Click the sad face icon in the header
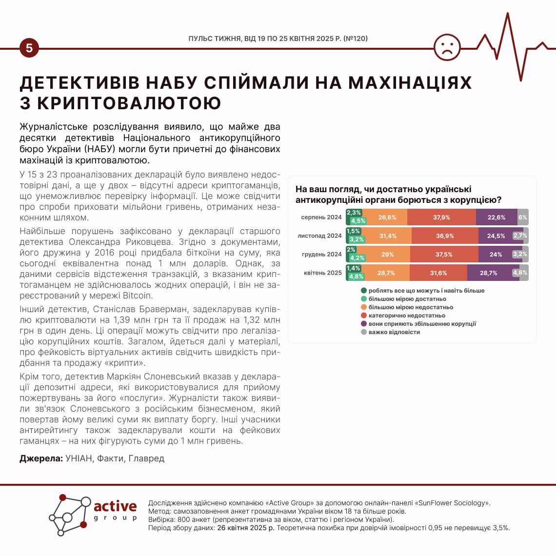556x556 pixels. click(447, 47)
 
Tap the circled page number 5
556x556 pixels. click(29, 48)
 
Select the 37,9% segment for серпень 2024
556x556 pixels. click(441, 218)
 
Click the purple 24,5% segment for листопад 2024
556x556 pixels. click(496, 236)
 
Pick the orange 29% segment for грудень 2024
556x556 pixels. click(387, 255)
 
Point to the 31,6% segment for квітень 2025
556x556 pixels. click(438, 273)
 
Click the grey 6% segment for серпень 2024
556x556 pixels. click(523, 218)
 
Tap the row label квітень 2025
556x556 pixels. click(322, 273)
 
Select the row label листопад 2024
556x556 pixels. click(319, 236)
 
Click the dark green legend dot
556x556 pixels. click(364, 291)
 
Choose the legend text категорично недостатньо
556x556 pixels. click(407, 316)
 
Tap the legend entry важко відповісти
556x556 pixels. click(394, 332)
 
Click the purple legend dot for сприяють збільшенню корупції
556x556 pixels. click(364, 324)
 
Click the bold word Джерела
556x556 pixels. click(41, 458)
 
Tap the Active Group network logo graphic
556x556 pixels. click(70, 515)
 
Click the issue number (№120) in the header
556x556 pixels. click(356, 39)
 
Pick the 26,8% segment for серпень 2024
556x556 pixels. click(387, 218)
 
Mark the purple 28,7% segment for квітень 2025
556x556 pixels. click(488, 273)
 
